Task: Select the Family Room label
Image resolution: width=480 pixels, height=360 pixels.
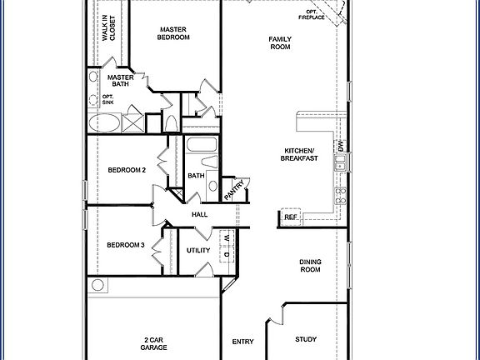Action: (x=280, y=43)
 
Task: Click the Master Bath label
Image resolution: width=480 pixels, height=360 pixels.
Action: (x=122, y=82)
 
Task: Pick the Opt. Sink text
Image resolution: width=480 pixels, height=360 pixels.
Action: (x=107, y=100)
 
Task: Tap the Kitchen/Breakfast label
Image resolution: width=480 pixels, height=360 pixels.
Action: (x=298, y=156)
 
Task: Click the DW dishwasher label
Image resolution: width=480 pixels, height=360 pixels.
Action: (x=340, y=147)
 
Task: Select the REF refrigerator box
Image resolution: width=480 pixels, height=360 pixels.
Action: (x=291, y=217)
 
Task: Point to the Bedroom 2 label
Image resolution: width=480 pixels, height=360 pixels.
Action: (x=127, y=170)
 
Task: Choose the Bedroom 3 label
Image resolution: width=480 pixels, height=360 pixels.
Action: (x=126, y=245)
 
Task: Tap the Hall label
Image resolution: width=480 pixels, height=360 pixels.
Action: (x=200, y=215)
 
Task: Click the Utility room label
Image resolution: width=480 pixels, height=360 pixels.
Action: (x=198, y=250)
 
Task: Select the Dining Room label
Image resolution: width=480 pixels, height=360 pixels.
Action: (x=310, y=266)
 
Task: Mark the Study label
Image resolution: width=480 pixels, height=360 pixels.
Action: (x=306, y=339)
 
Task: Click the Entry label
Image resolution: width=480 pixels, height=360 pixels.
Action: (x=243, y=341)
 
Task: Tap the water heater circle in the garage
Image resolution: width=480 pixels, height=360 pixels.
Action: (x=98, y=286)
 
